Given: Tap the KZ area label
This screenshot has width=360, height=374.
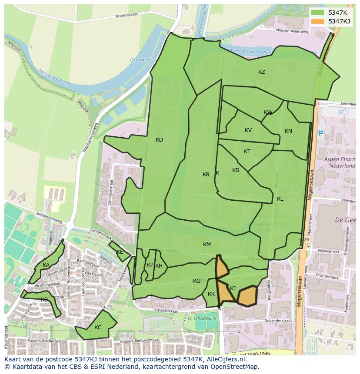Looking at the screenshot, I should [x=261, y=72].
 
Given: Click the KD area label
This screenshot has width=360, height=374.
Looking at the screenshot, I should [x=159, y=140].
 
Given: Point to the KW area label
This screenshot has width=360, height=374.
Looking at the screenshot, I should [x=268, y=113].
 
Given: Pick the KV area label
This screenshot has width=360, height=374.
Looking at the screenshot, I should [x=248, y=130].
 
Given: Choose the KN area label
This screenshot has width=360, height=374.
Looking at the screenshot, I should [x=288, y=131].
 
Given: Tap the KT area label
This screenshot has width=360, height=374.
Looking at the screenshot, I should [x=247, y=152].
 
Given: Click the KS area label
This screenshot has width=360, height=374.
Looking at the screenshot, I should [x=236, y=170].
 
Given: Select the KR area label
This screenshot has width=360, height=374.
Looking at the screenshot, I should [x=206, y=175].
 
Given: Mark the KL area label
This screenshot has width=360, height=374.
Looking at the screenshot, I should [x=280, y=199].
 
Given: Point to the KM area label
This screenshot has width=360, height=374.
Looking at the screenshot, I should [x=207, y=245].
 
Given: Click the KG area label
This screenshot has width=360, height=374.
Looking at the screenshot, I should [x=197, y=281].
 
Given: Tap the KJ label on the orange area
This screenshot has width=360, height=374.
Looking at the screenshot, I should [x=233, y=288].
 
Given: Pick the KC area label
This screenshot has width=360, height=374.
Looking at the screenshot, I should [x=98, y=328].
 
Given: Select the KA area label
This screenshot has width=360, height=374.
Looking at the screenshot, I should [x=46, y=265].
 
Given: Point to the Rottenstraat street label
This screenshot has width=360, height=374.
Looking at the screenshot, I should [x=127, y=16].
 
